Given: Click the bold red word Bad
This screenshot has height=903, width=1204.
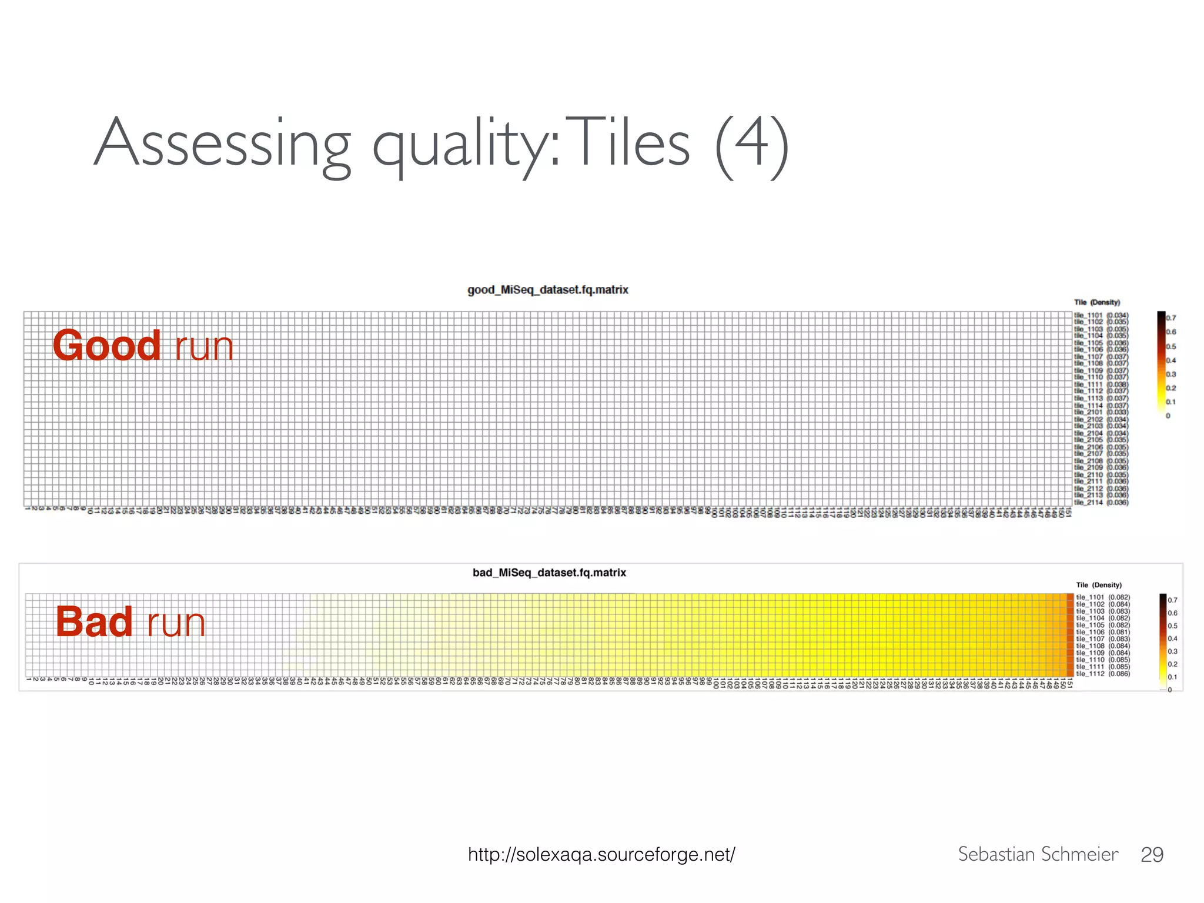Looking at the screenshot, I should pos(94,622).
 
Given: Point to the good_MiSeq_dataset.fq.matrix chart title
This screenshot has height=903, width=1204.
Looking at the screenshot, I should pos(547,290).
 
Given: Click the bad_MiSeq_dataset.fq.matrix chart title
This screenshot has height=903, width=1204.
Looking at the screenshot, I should pos(549,573).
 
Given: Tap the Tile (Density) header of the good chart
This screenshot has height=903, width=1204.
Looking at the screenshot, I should pos(1097,302).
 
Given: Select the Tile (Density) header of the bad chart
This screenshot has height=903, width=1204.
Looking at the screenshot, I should pos(1099,585).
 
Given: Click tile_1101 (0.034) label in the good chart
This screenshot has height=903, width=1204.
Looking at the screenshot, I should pos(1101,315).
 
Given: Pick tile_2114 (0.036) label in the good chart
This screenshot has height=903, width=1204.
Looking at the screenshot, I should pos(1101,503).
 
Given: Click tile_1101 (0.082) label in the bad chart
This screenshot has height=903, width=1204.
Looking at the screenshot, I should pos(1103,597).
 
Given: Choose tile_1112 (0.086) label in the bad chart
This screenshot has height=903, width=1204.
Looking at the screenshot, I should pos(1103,674).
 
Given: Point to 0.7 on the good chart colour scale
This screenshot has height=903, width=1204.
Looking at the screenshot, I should pos(1171,318).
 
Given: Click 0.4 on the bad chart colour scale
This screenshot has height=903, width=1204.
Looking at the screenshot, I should pos(1173,638).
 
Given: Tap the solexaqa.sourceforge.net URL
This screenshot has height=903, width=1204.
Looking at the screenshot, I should pos(601,854).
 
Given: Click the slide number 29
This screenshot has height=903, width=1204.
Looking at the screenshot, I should pos(1152,855).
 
